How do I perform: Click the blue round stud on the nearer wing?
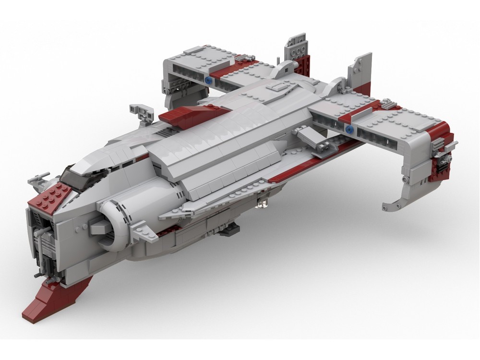349,129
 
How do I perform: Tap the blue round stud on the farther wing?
208,81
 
